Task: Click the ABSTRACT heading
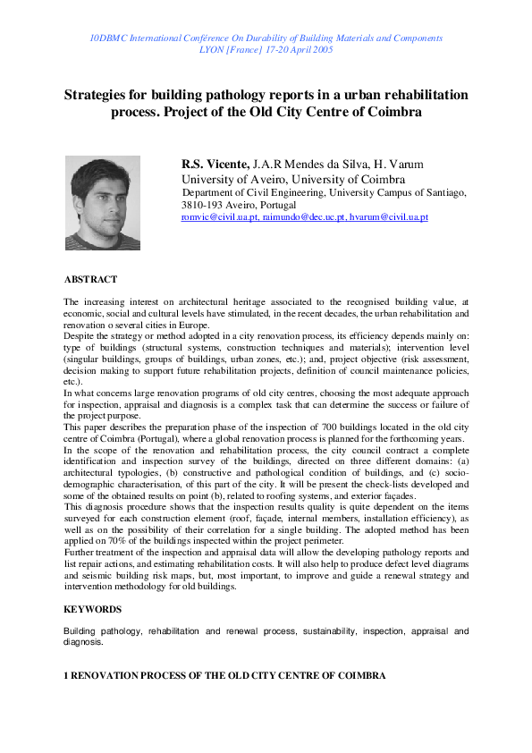click(x=90, y=280)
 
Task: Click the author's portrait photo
click(x=103, y=203)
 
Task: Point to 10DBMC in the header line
click(x=112, y=38)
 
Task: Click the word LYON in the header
click(x=212, y=50)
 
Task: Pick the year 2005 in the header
click(x=321, y=50)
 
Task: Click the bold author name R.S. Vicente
click(x=215, y=164)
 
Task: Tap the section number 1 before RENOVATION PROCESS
click(x=66, y=676)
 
